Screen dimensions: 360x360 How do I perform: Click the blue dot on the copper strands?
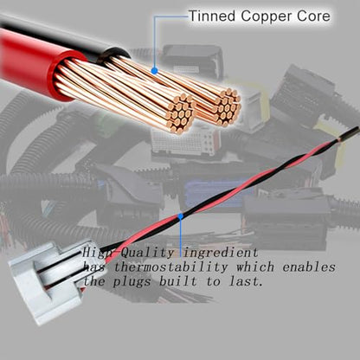coord(155,70)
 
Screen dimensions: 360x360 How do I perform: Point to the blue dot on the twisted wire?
coord(181,215)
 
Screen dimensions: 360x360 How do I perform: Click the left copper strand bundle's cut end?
coord(180,113)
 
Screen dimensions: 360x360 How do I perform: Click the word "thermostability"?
coord(171,267)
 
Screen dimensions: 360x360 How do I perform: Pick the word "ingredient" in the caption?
coord(221,254)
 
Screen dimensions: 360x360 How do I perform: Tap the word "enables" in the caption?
coord(309,267)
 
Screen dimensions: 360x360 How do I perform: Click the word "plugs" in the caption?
coord(132,281)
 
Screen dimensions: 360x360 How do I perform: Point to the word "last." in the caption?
coord(246,280)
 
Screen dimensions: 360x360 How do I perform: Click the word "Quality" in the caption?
coord(147,254)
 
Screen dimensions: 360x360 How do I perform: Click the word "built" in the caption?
coord(178,280)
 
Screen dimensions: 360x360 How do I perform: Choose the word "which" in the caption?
coord(255,267)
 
